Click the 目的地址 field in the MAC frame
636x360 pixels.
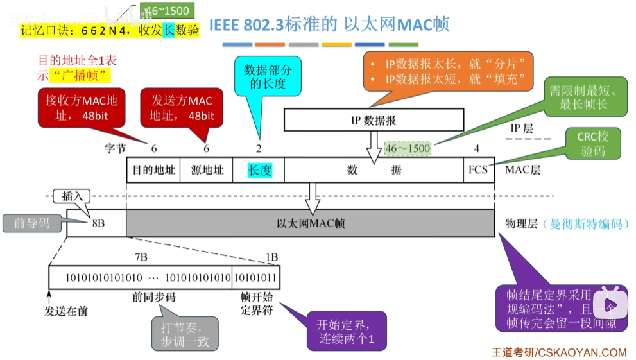pos(154,171)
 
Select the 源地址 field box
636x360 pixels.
pos(207,171)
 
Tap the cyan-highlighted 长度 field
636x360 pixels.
pos(260,171)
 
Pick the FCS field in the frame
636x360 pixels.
pos(478,171)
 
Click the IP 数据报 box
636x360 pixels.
pos(373,120)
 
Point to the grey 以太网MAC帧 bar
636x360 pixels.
pos(310,223)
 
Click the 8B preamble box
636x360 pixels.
pos(97,223)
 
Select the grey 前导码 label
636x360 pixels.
pos(32,223)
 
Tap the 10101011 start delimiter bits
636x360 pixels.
pos(255,277)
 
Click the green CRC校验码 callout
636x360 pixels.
pos(594,144)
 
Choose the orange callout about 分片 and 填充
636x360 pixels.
pos(449,71)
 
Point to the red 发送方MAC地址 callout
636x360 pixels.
pos(182,108)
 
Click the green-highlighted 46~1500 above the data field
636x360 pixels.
pos(408,148)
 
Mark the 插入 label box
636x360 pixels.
pos(71,196)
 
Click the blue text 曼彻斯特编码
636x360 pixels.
pos(585,224)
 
